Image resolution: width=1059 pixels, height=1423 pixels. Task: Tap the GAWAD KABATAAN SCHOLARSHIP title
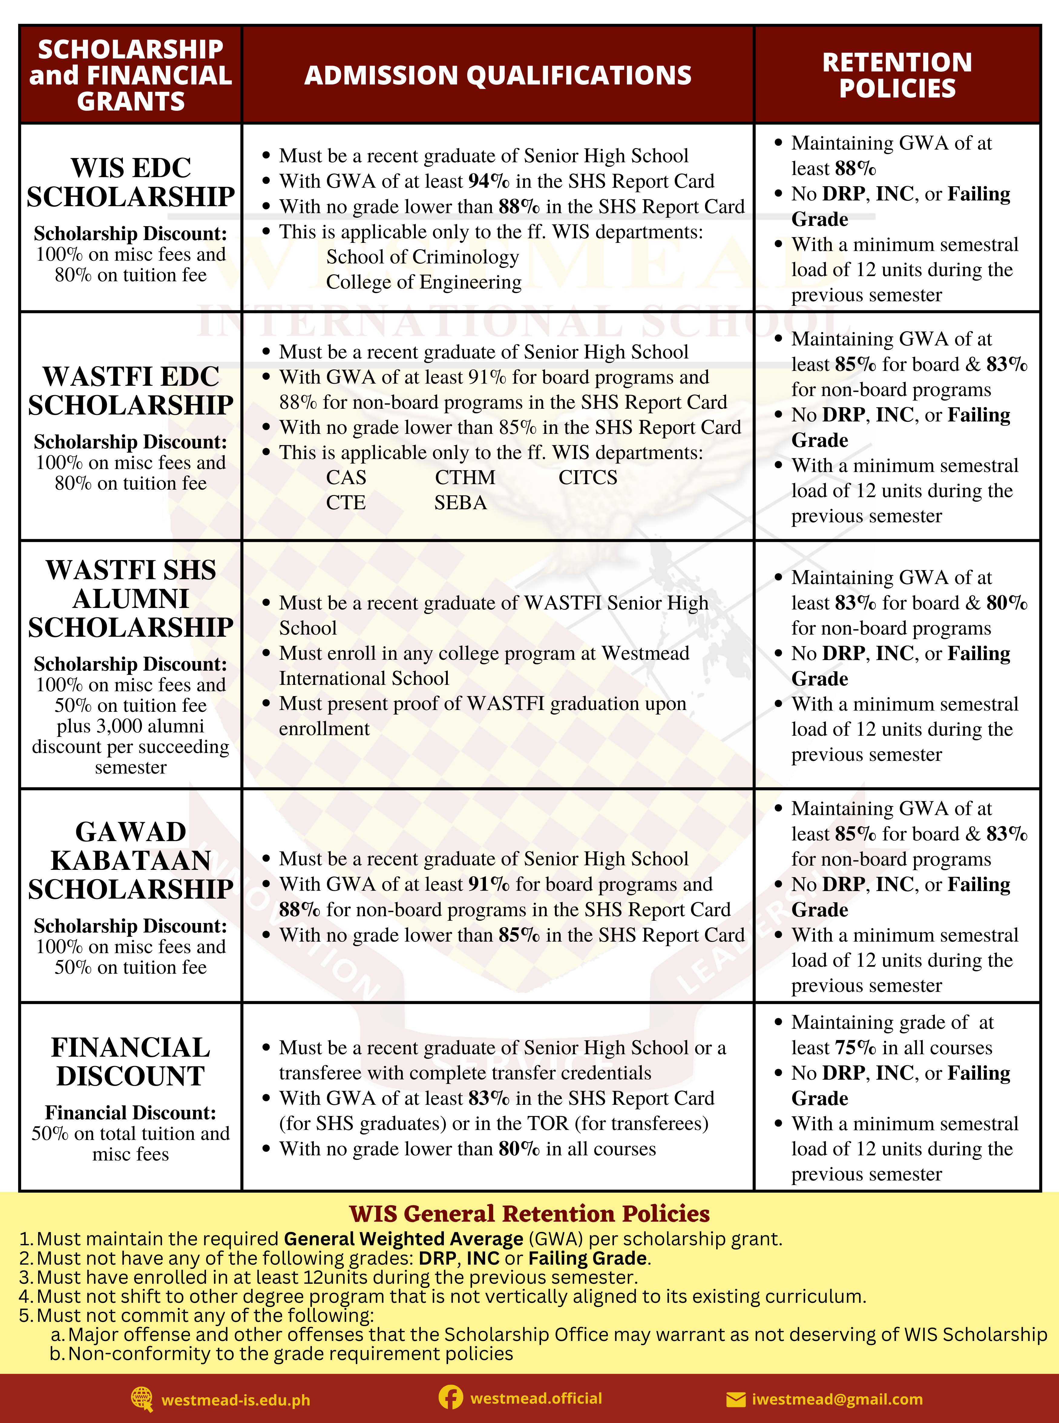point(131,860)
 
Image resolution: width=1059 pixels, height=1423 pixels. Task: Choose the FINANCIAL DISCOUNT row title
point(131,1061)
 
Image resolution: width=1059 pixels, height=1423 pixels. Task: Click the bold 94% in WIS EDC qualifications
point(488,181)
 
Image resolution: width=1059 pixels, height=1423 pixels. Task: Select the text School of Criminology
point(422,257)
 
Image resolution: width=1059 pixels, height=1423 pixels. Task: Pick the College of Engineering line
point(424,282)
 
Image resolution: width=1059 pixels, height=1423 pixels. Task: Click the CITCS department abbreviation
point(588,478)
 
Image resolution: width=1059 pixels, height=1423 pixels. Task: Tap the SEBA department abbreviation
point(460,503)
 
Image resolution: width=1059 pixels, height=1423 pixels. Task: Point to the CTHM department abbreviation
point(465,478)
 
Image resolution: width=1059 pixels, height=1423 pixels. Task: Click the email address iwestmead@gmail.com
point(837,1399)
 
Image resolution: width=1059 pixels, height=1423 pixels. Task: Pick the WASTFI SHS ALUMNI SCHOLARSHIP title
point(131,598)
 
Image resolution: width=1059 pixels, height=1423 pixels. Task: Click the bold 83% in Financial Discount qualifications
point(488,1098)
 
